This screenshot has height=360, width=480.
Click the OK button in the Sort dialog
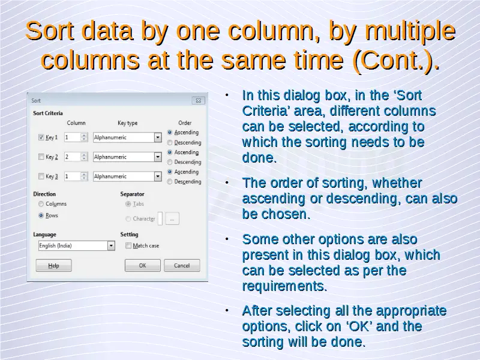[142, 265]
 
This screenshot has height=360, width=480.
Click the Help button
[53, 265]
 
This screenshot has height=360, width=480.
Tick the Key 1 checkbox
[41, 137]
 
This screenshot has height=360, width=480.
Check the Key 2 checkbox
[41, 157]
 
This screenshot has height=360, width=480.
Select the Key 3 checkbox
[41, 176]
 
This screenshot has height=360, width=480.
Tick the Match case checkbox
[128, 245]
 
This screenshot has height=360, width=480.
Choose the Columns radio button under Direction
[41, 204]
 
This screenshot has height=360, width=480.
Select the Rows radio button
[41, 215]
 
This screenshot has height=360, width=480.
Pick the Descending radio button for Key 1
[170, 143]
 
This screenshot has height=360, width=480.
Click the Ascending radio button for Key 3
[170, 172]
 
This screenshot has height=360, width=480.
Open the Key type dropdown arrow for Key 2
[158, 157]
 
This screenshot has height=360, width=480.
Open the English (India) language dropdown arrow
[111, 245]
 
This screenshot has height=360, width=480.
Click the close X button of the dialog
[198, 100]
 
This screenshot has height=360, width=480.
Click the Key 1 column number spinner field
[72, 137]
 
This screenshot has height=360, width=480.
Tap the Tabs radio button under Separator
[128, 204]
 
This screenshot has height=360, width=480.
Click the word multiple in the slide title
[410, 31]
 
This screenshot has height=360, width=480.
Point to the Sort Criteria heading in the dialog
[48, 113]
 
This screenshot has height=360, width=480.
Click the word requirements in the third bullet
[284, 286]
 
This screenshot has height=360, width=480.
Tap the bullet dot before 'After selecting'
[227, 310]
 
